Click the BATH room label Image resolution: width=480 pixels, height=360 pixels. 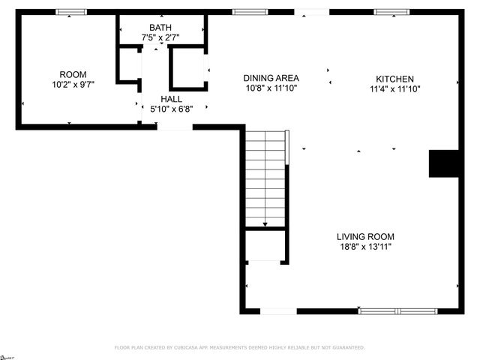pos(161,27)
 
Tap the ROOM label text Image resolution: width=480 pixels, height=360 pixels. pos(73,74)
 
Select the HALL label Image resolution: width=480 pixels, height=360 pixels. pos(171,98)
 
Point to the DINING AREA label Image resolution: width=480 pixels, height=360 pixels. pos(271,78)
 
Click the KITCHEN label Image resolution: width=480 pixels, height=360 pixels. pos(394,79)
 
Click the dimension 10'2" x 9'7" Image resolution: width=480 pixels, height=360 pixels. pos(73,85)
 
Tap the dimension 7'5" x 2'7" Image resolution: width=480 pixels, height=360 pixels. pos(161,37)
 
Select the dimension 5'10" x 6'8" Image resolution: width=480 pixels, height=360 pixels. pos(171,109)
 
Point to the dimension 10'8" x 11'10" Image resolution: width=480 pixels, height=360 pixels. pos(271,88)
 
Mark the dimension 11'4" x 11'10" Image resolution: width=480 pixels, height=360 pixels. pos(394,89)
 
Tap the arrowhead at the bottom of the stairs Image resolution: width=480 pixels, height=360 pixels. pos(265,223)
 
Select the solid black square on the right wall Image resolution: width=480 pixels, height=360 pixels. pos(443,163)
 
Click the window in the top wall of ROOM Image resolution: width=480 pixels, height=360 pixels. pos(71,12)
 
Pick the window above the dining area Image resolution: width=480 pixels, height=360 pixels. pos(250,12)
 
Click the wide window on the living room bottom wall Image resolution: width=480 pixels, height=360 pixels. pos(397,310)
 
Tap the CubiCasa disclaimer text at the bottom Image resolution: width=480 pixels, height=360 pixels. pos(239,348)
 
